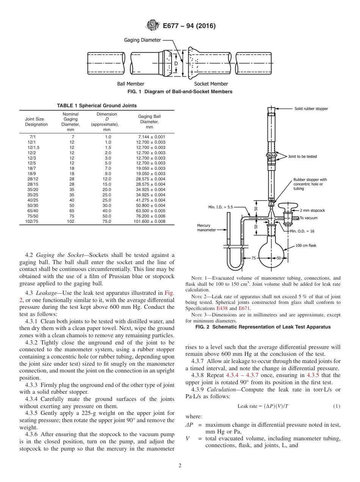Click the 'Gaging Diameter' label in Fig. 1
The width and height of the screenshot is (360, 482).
pos(142,40)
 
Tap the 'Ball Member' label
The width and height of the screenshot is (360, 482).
pos(130,84)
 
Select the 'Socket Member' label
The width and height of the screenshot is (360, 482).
pos(211,84)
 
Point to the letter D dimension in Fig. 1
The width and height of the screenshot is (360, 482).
pos(176,64)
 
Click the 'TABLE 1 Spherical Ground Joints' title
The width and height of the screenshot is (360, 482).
pos(97,106)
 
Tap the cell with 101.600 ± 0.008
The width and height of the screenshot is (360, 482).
pos(150,221)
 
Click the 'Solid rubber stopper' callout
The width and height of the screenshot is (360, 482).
pos(311,109)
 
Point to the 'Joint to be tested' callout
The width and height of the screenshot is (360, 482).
pos(302,156)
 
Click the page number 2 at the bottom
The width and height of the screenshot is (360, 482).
pos(180,466)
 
